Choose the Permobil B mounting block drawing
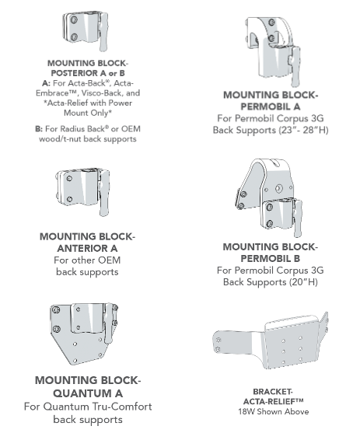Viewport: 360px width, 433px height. (x=269, y=199)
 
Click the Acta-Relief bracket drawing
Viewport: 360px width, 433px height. (x=275, y=342)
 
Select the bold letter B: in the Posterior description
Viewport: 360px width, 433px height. (x=39, y=128)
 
